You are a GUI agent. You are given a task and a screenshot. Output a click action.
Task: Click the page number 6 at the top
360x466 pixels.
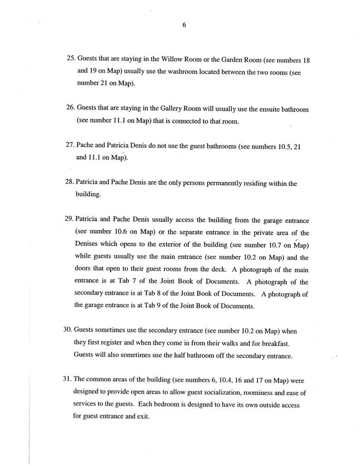coord(184,25)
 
